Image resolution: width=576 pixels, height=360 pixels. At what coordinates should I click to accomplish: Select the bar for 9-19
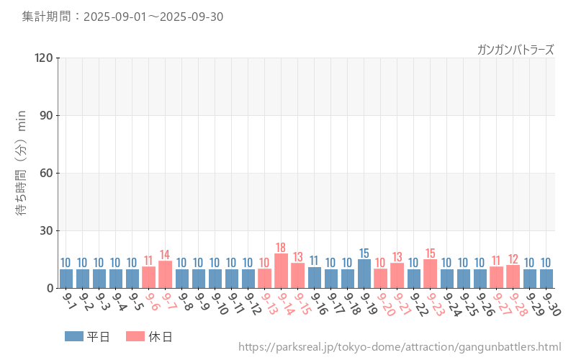tap(364, 274)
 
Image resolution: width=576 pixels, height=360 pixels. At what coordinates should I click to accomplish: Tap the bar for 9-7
tap(165, 275)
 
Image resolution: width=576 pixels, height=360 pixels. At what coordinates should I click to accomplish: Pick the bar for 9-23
tap(430, 274)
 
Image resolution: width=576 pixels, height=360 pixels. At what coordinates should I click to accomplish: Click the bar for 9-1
tap(66, 279)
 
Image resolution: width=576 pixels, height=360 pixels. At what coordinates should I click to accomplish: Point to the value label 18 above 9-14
tap(281, 248)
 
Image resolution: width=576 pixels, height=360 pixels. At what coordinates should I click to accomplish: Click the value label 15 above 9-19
tap(364, 253)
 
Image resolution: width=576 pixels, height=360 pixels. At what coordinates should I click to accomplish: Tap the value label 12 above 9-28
tap(513, 259)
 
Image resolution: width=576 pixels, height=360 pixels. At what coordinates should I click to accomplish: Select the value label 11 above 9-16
tap(314, 261)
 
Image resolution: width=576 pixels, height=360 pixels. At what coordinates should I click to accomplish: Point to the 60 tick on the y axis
tap(46, 173)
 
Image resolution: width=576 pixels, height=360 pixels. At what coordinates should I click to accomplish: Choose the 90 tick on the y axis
tap(46, 115)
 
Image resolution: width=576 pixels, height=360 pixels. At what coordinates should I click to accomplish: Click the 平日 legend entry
tap(87, 336)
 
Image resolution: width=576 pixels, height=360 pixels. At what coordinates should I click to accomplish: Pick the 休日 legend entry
tap(149, 336)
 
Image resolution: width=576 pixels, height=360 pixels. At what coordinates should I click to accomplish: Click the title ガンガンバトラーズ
tap(516, 50)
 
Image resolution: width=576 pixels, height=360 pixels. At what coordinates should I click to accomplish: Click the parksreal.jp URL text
tap(400, 347)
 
